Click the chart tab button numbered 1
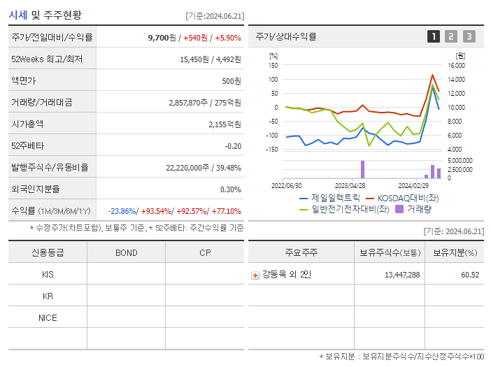click(434, 36)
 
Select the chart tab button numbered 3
click(469, 36)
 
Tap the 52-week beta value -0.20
click(233, 145)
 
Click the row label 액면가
click(24, 81)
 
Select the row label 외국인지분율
click(35, 189)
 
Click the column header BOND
click(126, 252)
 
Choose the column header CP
click(204, 252)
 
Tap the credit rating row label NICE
click(48, 317)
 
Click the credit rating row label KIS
click(48, 275)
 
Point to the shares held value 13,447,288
click(402, 275)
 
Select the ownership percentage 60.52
click(470, 275)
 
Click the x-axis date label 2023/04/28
click(350, 186)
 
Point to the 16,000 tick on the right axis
click(455, 66)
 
